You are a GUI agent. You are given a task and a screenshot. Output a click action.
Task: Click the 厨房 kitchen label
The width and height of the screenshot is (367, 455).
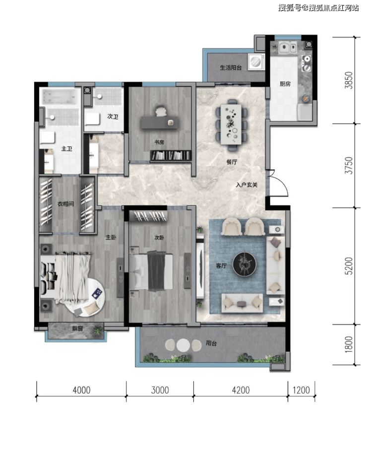[285, 84]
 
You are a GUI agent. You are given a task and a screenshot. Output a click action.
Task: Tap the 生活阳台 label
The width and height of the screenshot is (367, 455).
[231, 67]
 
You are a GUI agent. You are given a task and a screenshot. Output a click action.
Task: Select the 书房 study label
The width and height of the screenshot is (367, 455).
[159, 142]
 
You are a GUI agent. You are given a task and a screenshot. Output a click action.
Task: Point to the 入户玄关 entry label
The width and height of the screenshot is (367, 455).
[246, 185]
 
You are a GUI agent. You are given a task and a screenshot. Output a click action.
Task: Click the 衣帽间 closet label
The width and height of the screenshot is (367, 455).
[65, 204]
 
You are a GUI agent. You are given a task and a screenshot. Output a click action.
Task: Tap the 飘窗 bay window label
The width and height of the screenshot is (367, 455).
[77, 328]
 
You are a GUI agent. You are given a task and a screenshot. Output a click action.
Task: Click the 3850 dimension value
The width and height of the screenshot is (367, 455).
[349, 80]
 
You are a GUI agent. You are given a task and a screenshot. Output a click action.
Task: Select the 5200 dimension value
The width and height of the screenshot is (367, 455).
[349, 266]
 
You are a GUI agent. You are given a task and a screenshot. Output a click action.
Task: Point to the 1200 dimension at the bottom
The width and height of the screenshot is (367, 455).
[301, 390]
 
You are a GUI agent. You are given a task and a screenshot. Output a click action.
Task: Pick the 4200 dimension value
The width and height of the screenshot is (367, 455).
[241, 390]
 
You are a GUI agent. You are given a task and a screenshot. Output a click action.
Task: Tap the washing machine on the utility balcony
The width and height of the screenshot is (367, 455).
[256, 62]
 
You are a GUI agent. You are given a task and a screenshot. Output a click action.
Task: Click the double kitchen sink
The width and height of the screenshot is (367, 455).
[288, 47]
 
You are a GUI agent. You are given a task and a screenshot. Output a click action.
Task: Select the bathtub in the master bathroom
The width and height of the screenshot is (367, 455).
[61, 97]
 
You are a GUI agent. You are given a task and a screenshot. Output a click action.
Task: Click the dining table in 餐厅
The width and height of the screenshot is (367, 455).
[231, 125]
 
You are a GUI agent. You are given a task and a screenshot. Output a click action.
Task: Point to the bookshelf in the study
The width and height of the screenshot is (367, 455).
[171, 155]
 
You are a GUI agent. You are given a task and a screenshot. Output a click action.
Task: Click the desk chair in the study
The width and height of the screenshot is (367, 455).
[161, 112]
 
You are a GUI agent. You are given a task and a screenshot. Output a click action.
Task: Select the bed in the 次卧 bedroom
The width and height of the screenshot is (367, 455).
[151, 271]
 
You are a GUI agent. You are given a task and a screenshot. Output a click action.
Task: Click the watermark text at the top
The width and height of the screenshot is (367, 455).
[318, 7]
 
